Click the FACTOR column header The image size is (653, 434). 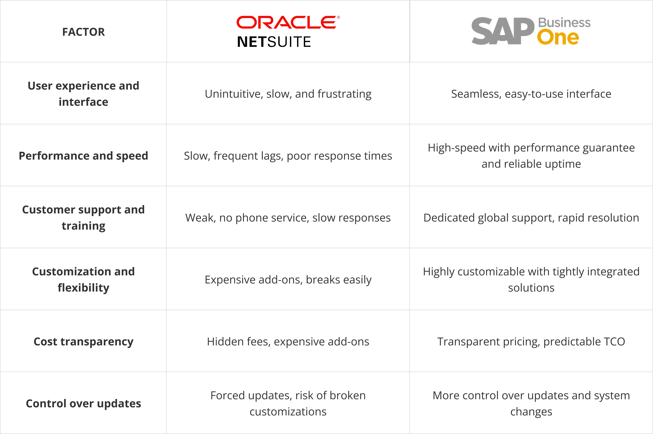(x=83, y=32)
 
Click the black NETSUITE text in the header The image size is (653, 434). (x=274, y=42)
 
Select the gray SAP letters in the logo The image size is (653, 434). (x=503, y=31)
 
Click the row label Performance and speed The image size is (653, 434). (x=83, y=156)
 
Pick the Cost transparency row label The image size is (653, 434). (x=83, y=342)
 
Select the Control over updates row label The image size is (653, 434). (x=83, y=404)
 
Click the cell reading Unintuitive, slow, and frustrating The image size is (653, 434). (x=288, y=94)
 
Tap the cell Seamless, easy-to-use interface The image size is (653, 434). (x=531, y=94)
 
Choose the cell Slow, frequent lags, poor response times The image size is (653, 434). (x=288, y=156)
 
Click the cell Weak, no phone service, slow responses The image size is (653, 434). (x=288, y=218)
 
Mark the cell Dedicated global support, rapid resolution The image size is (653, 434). (x=531, y=218)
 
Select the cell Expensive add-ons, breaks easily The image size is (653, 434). (x=288, y=280)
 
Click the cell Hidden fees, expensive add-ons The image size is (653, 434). (x=288, y=342)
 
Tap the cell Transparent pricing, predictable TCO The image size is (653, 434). (x=531, y=342)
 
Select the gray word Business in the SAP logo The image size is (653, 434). (x=564, y=23)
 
